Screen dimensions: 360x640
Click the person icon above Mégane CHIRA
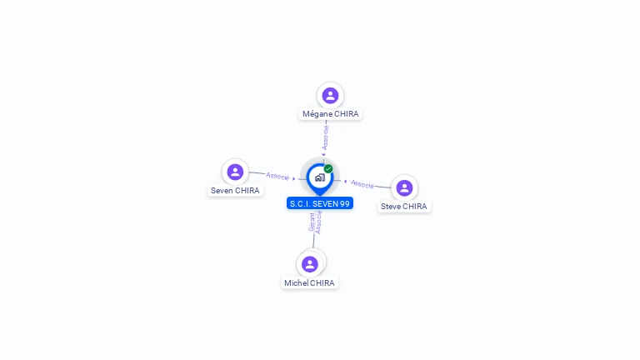point(330,95)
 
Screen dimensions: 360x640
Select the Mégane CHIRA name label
point(331,114)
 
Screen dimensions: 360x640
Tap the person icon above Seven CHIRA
point(235,172)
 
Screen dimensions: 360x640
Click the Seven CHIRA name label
point(235,191)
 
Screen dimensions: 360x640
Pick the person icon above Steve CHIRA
point(404,187)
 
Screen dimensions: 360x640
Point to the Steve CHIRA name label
point(404,207)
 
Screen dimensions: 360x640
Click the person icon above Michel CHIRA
point(310,264)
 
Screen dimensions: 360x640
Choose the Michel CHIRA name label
point(309,283)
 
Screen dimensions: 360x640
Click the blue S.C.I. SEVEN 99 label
point(320,203)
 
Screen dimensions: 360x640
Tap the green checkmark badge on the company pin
point(328,168)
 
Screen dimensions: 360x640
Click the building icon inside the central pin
point(319,177)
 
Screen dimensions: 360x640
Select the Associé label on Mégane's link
point(326,137)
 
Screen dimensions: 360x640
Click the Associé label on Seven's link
point(277,176)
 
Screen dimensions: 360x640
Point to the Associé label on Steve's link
point(362,183)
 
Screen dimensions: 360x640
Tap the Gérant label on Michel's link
point(312,222)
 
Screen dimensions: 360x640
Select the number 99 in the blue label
point(345,203)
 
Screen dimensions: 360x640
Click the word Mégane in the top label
point(317,114)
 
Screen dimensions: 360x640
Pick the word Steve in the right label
point(391,207)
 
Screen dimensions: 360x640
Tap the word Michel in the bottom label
point(296,283)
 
